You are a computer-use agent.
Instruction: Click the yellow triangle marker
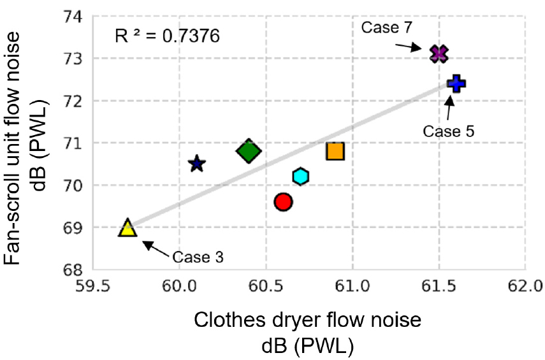(x=127, y=228)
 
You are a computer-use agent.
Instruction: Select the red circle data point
(x=283, y=202)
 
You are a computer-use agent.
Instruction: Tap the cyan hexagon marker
(x=301, y=176)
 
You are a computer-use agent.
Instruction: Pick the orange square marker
(x=335, y=151)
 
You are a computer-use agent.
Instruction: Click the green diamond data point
(x=249, y=151)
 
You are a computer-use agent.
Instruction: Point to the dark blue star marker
(x=197, y=164)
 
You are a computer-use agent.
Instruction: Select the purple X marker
(x=439, y=54)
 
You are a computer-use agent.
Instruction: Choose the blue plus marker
(x=456, y=83)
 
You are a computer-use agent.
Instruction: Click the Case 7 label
(x=388, y=27)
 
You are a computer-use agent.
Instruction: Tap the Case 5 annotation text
(x=449, y=131)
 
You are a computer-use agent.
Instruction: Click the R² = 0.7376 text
(x=168, y=36)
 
